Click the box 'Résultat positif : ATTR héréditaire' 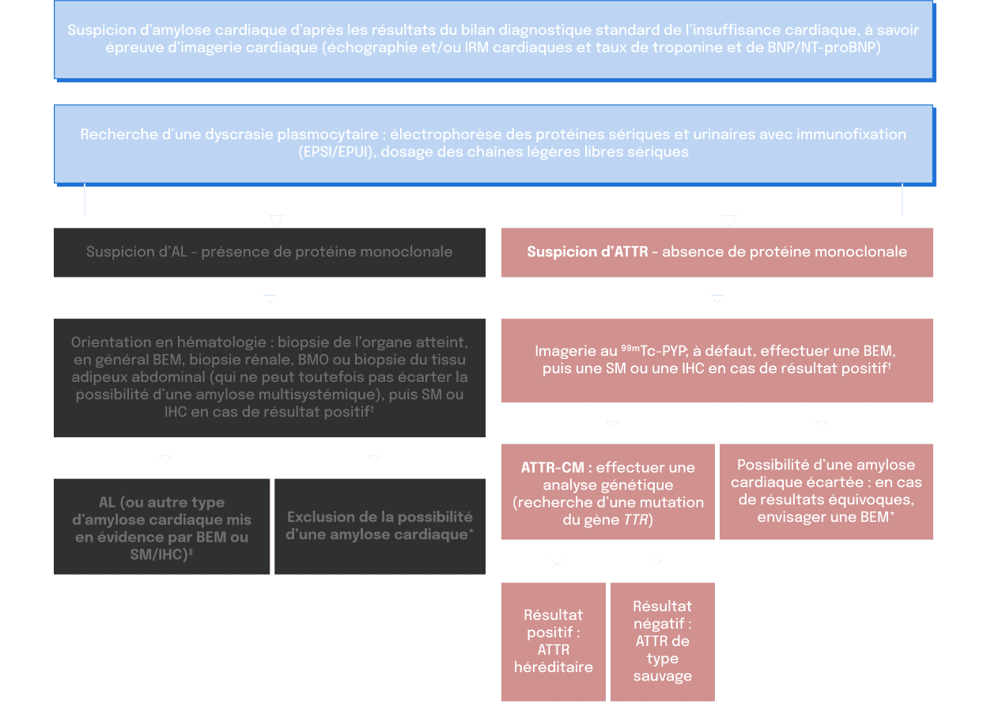click(x=553, y=640)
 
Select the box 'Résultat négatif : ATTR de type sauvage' click(x=662, y=640)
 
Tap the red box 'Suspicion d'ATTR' click(x=717, y=252)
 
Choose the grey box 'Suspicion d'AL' click(x=269, y=252)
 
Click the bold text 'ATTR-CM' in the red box click(x=552, y=467)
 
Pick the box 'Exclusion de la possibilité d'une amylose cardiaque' click(x=380, y=526)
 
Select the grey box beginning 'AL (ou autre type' click(x=162, y=526)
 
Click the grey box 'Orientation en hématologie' click(x=269, y=377)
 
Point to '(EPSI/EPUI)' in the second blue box click(x=335, y=152)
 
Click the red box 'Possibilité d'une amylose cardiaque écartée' click(x=826, y=491)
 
